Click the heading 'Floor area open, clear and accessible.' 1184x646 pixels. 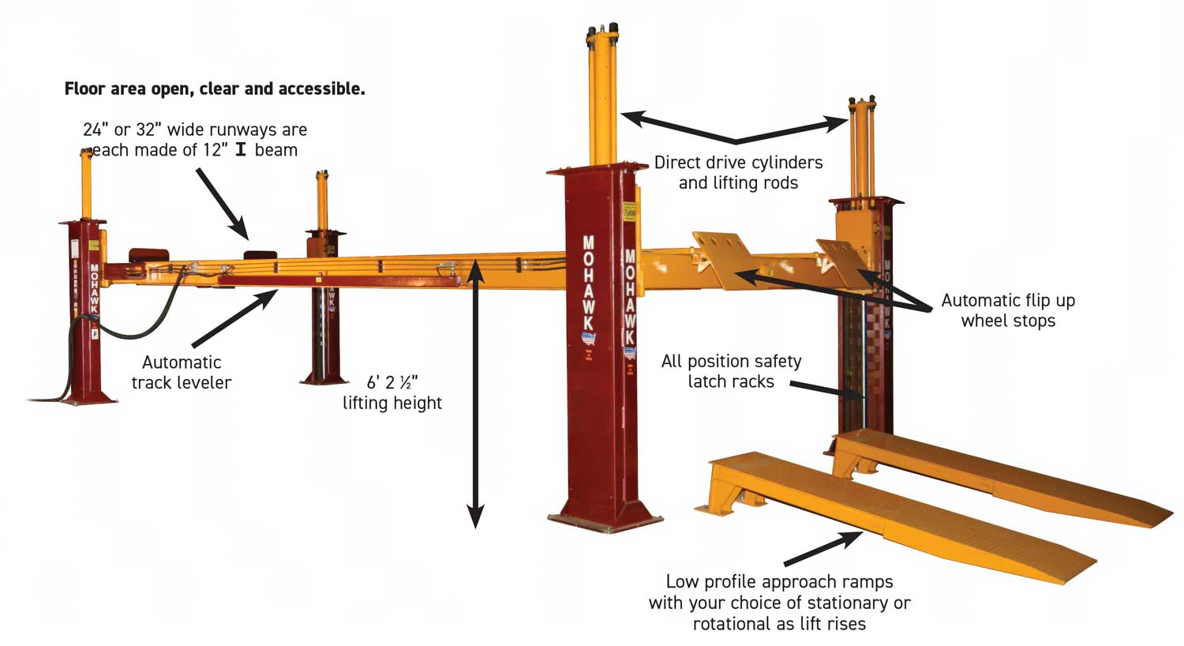215,89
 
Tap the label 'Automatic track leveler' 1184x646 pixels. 182,373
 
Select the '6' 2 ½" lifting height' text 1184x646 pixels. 392,392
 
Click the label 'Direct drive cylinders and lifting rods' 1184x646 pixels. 738,173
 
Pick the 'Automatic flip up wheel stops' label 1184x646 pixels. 1008,310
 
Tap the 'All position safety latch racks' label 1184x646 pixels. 731,371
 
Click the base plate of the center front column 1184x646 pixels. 605,520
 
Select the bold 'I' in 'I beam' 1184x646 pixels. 241,150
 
